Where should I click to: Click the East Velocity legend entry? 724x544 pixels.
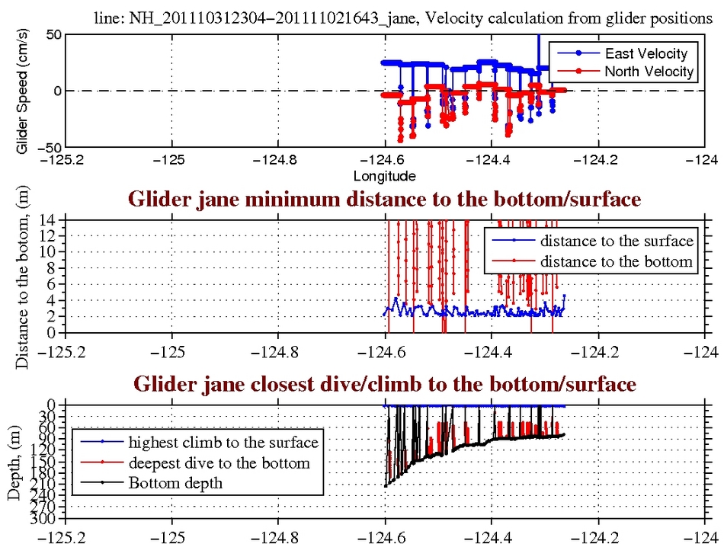646,53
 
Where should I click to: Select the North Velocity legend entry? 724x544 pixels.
649,72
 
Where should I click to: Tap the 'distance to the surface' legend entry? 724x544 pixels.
617,242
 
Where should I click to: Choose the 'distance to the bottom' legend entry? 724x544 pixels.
617,261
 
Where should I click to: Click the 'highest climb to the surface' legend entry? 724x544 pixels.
223,442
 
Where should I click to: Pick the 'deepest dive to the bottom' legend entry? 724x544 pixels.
219,462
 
